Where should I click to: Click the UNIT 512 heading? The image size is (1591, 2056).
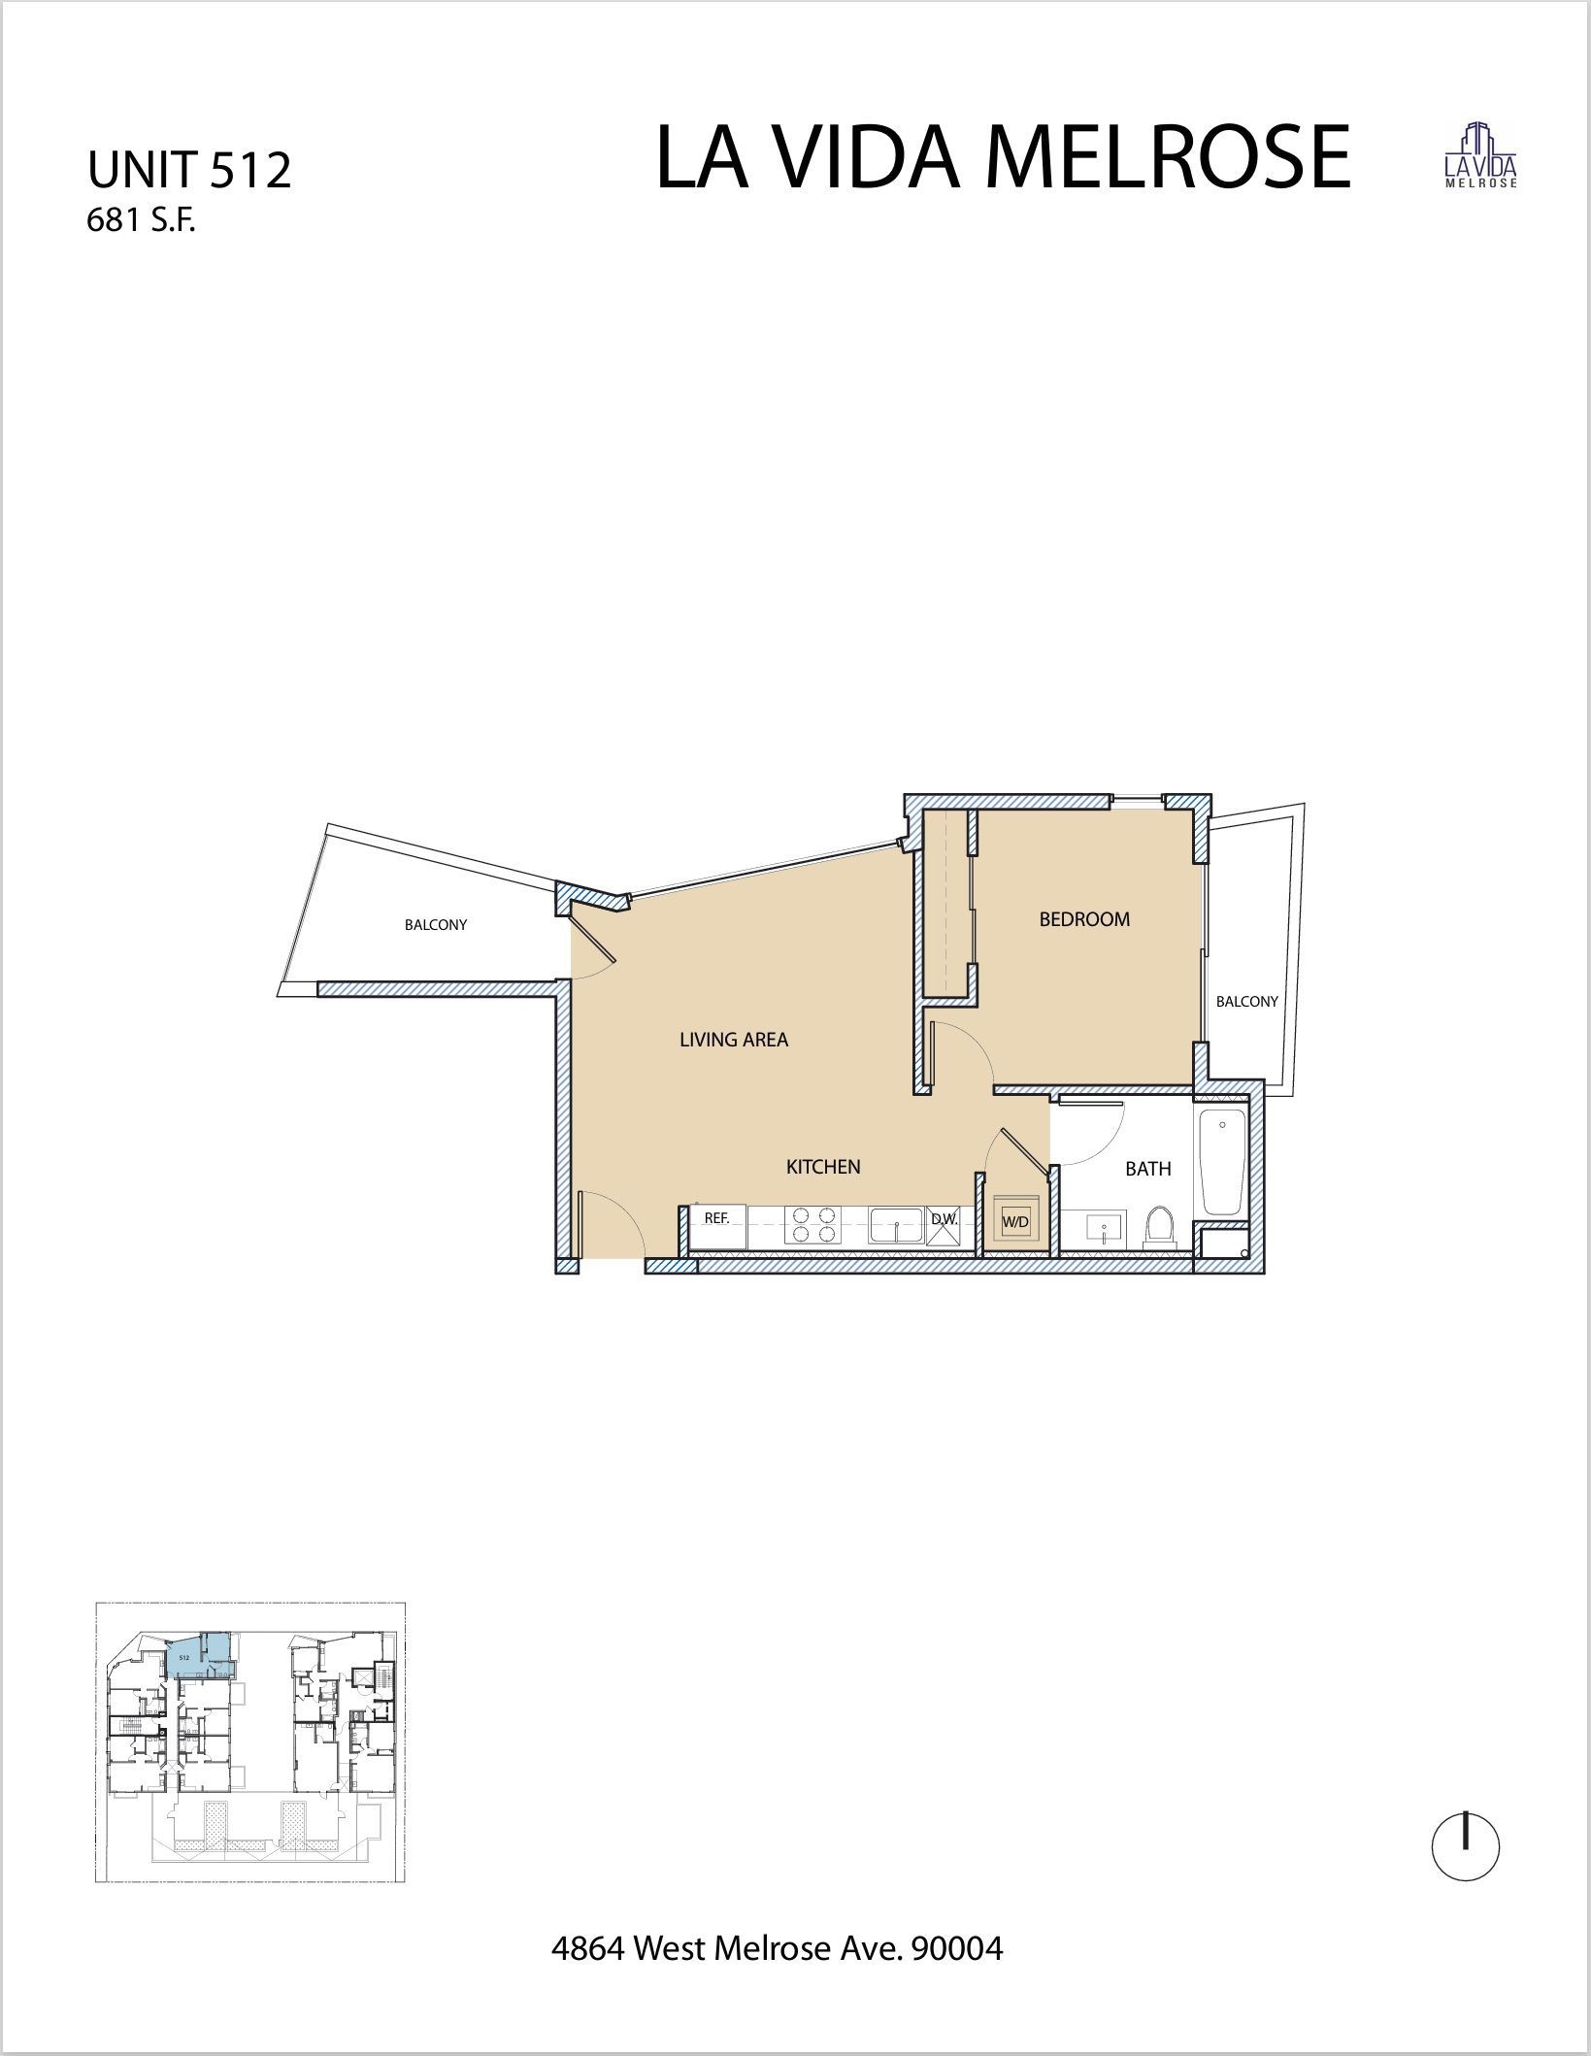click(x=189, y=171)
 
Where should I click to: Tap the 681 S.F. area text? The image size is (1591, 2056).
click(x=142, y=222)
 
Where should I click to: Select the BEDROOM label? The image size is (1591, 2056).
click(x=1084, y=919)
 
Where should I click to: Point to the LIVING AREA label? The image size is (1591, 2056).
click(x=734, y=1040)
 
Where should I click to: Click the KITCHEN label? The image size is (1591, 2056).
click(x=823, y=1167)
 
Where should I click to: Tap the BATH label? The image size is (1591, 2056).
click(x=1147, y=1169)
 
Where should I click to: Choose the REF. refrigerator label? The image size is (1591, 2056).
click(x=716, y=1217)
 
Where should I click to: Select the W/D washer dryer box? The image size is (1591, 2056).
click(x=1015, y=1222)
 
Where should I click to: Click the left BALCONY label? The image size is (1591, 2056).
click(x=436, y=925)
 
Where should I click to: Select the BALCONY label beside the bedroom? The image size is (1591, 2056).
click(x=1246, y=1001)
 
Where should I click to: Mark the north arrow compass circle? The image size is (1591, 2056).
click(x=1466, y=1849)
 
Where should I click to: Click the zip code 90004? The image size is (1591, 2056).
click(x=956, y=1947)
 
